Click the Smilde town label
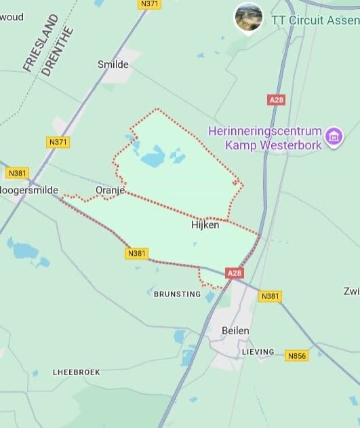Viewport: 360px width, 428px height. coord(113,65)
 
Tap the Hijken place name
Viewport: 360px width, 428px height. coord(204,225)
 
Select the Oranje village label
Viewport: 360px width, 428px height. coord(111,191)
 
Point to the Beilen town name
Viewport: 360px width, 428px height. coord(235,330)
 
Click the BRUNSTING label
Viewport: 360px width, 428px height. coord(177,294)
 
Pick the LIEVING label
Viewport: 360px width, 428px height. coord(258,352)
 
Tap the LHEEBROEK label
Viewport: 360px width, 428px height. coord(76,372)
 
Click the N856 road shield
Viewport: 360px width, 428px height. coord(296,355)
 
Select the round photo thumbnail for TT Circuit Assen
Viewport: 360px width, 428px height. coord(248,18)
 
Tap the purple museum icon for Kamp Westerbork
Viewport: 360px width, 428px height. coord(333,136)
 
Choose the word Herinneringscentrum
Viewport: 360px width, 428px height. coord(264,130)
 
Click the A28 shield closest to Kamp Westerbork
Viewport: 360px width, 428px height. coord(277,100)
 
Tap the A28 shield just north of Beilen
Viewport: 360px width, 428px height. coord(234,273)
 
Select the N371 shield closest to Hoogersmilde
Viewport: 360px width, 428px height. coord(59,142)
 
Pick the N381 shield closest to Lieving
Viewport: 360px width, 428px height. coord(270,296)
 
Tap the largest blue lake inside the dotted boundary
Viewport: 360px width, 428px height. coord(153,159)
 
